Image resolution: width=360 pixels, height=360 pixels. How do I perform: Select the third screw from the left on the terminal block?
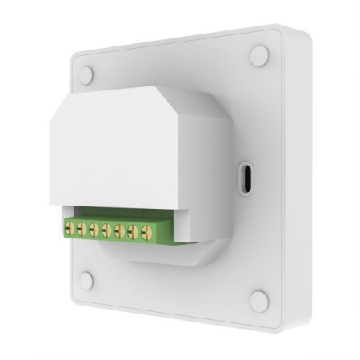(x=94, y=230)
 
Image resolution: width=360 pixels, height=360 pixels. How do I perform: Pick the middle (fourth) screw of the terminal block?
(x=106, y=231)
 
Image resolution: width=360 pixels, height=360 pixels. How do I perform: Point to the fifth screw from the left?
(x=119, y=232)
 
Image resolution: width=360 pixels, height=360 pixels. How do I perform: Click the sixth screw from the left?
(x=132, y=233)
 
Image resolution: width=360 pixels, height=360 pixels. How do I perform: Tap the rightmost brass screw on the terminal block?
(x=146, y=234)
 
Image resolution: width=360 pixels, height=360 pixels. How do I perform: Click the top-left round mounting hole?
(x=86, y=75)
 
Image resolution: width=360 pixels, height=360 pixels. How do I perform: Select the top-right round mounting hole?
(x=259, y=56)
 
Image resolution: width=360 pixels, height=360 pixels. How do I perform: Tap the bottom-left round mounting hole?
(x=86, y=281)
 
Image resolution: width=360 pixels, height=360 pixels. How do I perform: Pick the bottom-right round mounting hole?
(x=258, y=301)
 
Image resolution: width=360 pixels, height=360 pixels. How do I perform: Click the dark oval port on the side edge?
(x=246, y=175)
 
